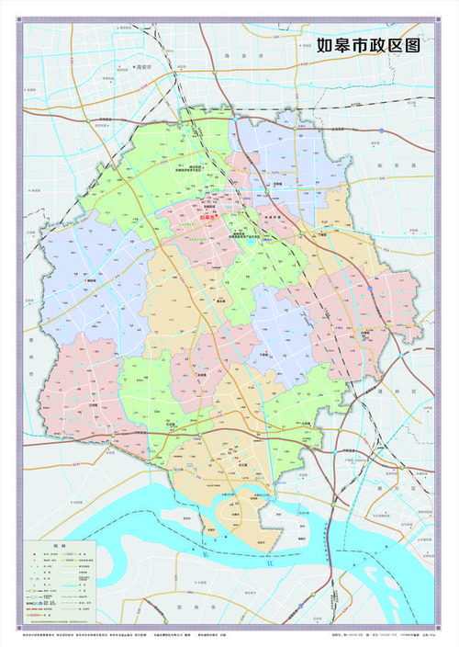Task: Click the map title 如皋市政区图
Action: pyautogui.click(x=367, y=45)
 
